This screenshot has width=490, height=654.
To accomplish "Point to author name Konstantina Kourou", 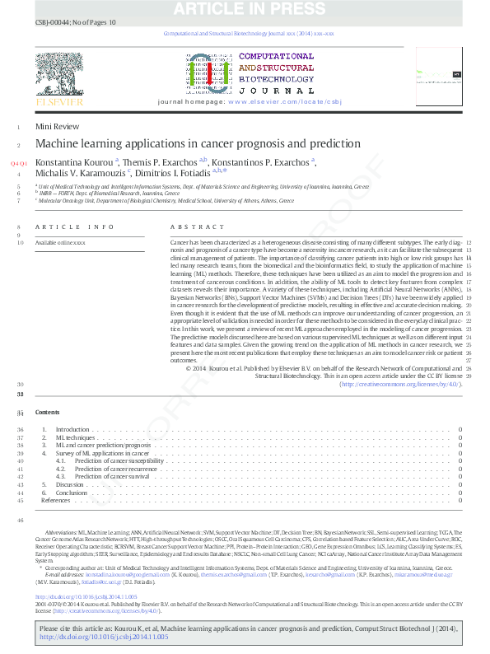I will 74,162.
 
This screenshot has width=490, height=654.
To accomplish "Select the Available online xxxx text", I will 60,243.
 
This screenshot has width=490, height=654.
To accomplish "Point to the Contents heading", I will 48,411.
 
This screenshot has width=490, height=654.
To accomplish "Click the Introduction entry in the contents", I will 72,430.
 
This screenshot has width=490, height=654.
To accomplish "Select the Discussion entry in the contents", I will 69,484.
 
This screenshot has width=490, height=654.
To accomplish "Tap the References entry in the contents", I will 55,500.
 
